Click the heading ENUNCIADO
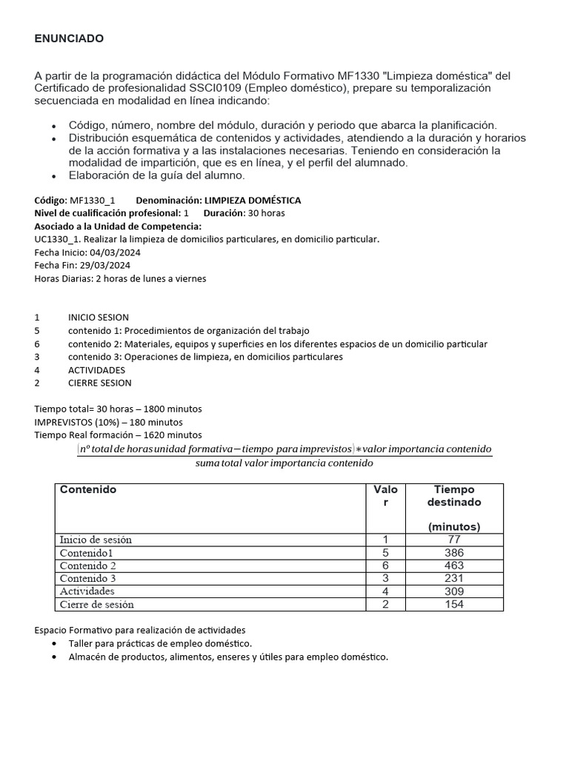tap(69, 38)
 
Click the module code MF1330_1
tap(92, 201)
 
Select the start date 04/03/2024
tap(116, 252)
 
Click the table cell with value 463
tap(454, 566)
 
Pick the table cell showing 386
tap(454, 553)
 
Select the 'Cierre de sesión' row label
tap(97, 604)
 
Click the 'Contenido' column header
tap(88, 490)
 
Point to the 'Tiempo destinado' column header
tap(454, 495)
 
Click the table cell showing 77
tap(454, 540)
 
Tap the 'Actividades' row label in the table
tap(87, 591)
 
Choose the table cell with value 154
tap(454, 604)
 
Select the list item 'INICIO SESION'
tap(99, 318)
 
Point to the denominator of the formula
tap(284, 463)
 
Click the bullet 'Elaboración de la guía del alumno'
tap(156, 175)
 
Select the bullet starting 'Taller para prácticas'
tap(160, 643)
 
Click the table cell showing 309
tap(454, 591)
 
